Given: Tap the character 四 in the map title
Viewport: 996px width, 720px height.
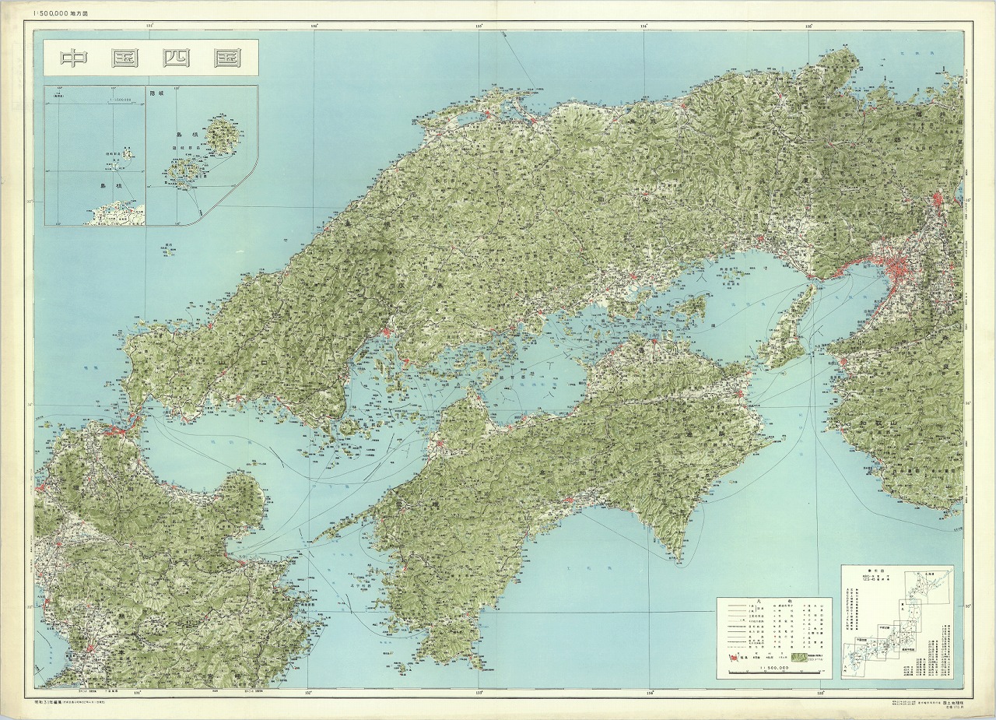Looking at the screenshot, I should pos(177,58).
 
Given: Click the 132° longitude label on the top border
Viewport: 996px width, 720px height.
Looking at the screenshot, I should pos(314,26).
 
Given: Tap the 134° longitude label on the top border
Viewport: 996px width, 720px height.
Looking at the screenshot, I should pos(644,26).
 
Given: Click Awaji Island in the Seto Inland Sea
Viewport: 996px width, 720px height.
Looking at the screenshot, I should pos(787,327).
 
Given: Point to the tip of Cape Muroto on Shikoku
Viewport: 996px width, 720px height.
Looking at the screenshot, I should pos(675,558).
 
